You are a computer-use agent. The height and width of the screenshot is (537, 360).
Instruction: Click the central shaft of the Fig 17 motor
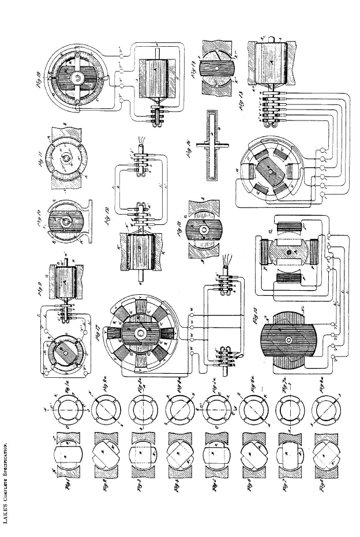pyautogui.click(x=139, y=333)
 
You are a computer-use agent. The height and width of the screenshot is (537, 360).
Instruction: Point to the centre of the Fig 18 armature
pyautogui.click(x=205, y=230)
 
